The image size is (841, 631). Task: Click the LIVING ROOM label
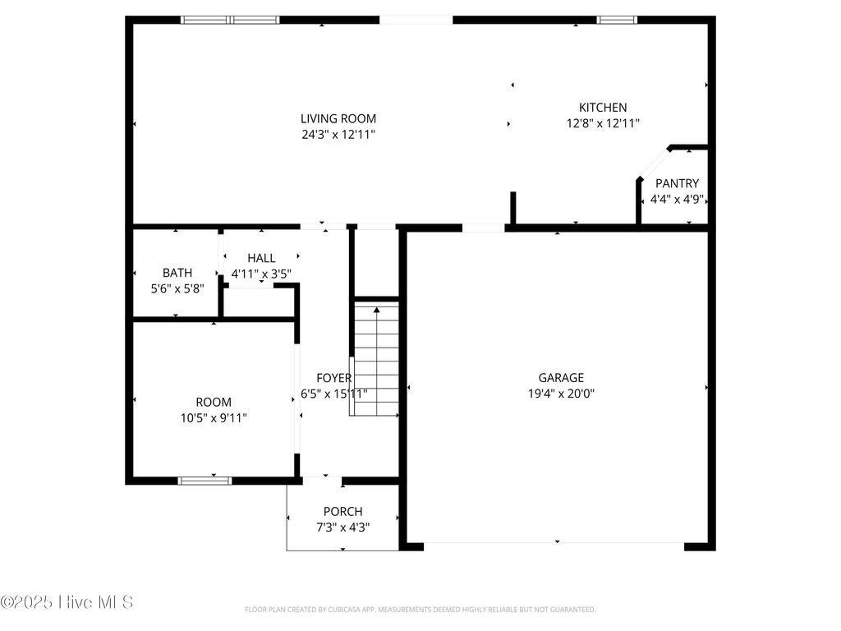click(338, 118)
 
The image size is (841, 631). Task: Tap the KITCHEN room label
click(603, 108)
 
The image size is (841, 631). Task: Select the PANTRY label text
click(677, 183)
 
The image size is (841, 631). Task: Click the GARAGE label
click(561, 378)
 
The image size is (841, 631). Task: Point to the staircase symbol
click(376, 358)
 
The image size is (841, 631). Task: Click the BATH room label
click(177, 273)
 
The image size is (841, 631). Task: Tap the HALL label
click(261, 258)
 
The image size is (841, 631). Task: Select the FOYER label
click(333, 378)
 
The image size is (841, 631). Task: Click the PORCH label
click(342, 512)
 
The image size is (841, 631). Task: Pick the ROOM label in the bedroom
click(214, 403)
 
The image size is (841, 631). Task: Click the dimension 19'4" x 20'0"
click(561, 394)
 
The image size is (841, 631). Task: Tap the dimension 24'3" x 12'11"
click(338, 134)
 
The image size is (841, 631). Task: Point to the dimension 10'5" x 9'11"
click(214, 418)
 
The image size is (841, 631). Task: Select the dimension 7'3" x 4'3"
click(342, 527)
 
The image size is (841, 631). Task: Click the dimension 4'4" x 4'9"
click(677, 199)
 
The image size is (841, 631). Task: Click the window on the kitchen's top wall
click(617, 20)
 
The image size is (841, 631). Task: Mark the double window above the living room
click(230, 20)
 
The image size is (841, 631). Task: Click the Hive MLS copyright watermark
click(67, 602)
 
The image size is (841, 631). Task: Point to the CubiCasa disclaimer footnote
click(420, 610)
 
